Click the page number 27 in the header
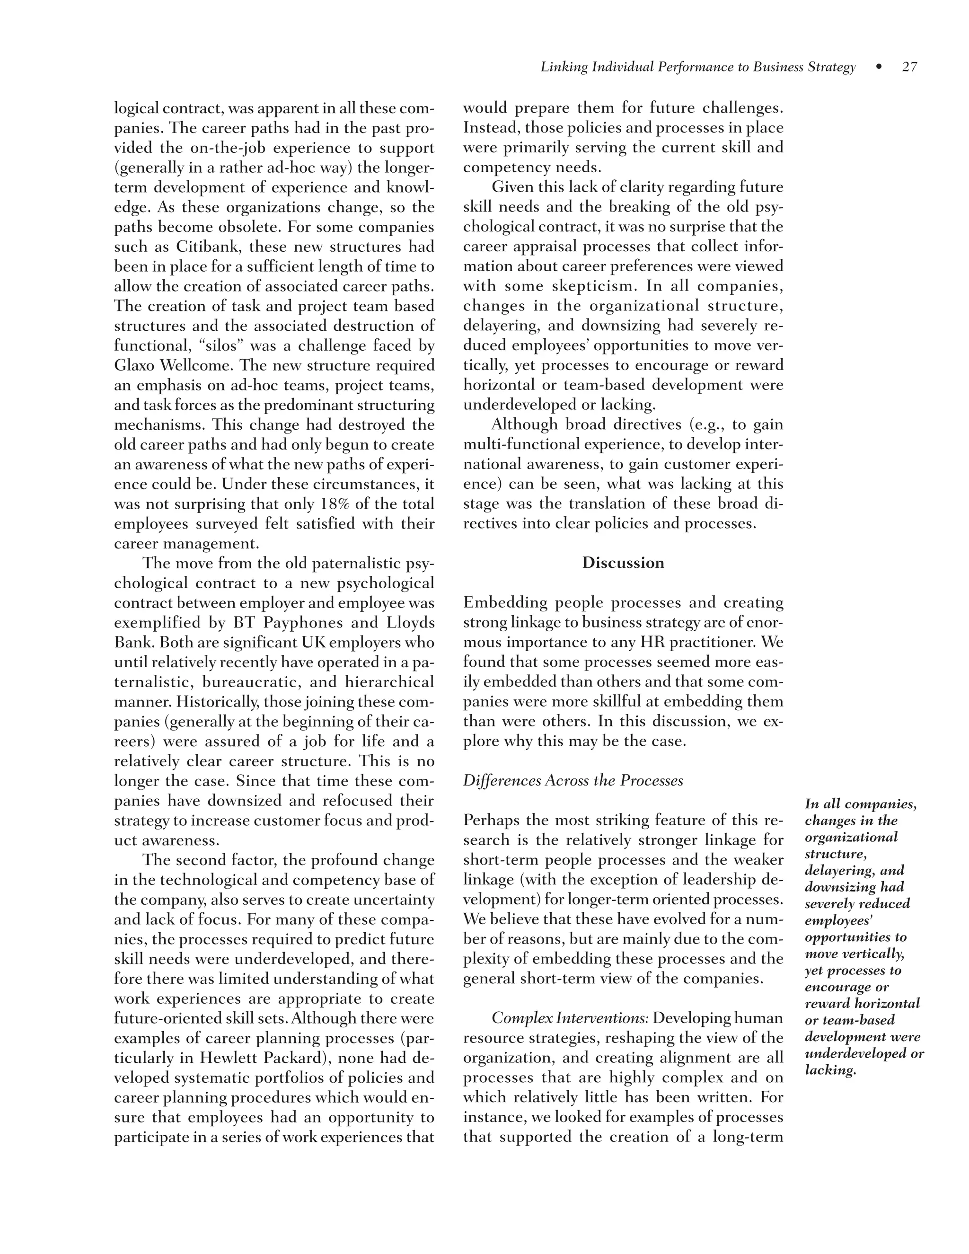point(909,67)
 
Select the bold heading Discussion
point(623,563)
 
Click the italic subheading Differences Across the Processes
point(573,780)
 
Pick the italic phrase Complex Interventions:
point(570,1018)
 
